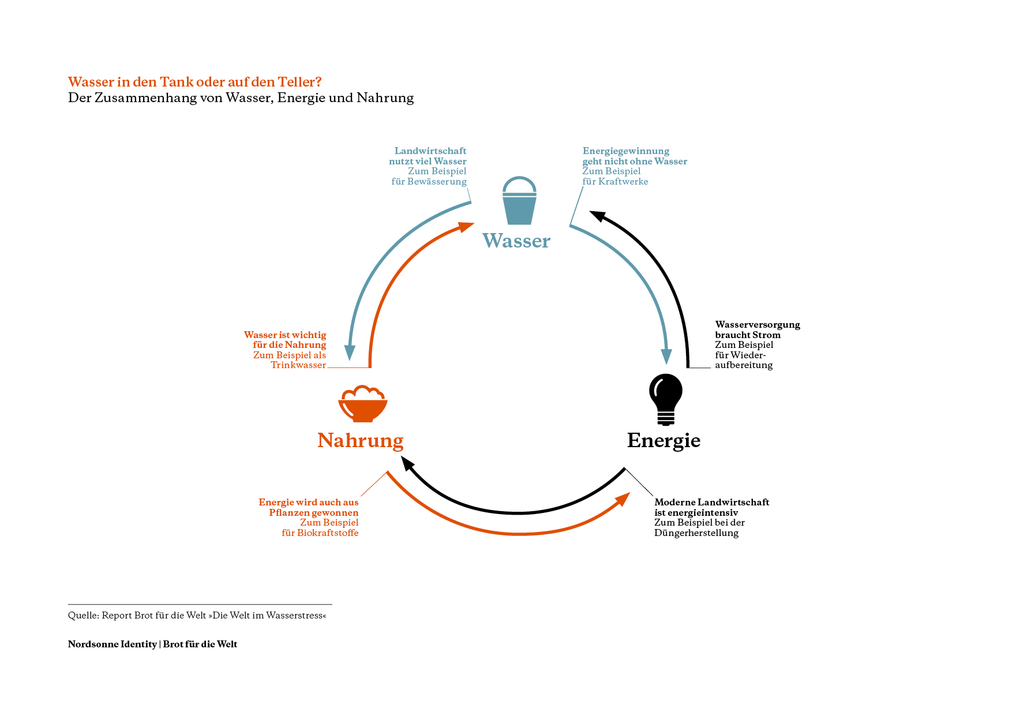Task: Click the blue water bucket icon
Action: coord(519,200)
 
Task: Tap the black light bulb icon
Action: coord(666,399)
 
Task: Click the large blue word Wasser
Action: coord(516,241)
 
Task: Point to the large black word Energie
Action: coord(664,441)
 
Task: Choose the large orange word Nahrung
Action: coord(361,441)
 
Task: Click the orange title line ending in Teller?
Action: coord(195,82)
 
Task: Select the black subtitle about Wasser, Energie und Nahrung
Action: coord(241,98)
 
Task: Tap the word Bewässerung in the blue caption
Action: coord(437,182)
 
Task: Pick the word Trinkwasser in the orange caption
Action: coord(298,365)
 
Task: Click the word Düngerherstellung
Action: coord(696,533)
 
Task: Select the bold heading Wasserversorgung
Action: coord(758,325)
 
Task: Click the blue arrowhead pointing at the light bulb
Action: coord(667,357)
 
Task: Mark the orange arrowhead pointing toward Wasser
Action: coord(466,227)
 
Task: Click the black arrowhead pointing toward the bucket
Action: coord(598,216)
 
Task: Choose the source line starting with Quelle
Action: coord(197,616)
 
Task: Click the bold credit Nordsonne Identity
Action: coord(113,644)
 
